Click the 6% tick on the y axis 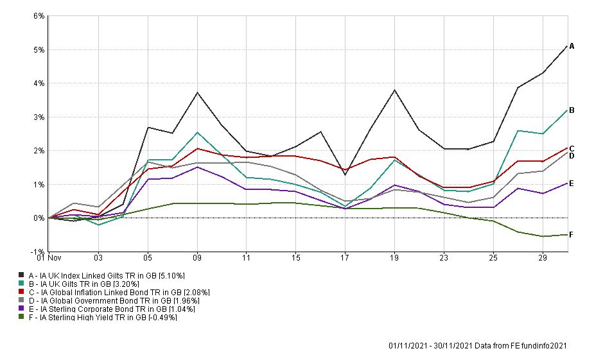(39, 16)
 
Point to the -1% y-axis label (38, 252)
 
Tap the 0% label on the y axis (39, 218)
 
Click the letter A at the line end (572, 46)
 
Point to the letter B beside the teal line (572, 110)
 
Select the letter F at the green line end (572, 235)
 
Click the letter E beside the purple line (572, 184)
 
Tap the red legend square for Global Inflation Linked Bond (21, 292)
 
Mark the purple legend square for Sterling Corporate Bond (21, 309)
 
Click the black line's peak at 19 (394, 90)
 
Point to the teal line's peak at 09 (197, 133)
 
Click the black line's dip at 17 (345, 175)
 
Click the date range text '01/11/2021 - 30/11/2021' (428, 346)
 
